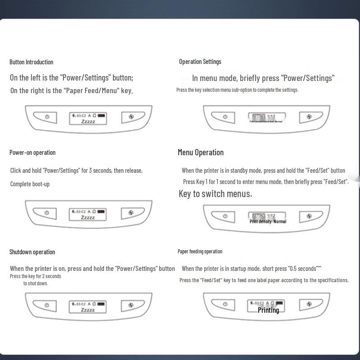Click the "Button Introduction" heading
coord(31,62)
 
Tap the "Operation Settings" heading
coord(200,62)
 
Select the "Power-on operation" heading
coord(32,153)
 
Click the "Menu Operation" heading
coord(201,153)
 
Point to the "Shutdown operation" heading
coord(32,252)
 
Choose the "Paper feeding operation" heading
coord(200,252)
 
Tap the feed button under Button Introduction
coord(131,117)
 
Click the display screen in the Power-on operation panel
coord(88,214)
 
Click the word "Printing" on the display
coord(268,310)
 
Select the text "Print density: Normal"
coord(268,221)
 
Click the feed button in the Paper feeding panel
coord(309,305)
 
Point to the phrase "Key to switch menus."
coord(215,194)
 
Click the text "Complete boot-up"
coord(30,184)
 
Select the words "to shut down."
coord(36,283)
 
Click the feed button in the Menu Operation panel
coord(309,216)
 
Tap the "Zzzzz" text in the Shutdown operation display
coord(88,310)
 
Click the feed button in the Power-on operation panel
coord(131,212)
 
